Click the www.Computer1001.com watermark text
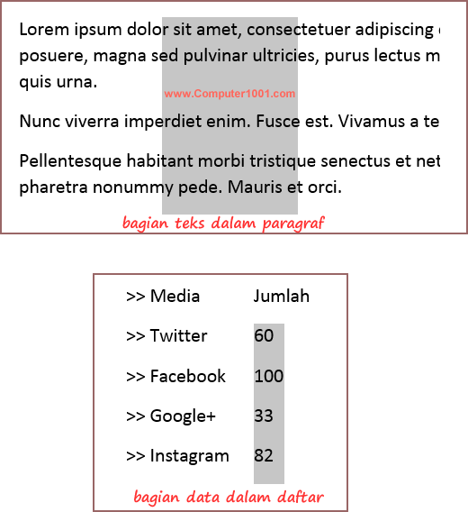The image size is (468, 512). (229, 93)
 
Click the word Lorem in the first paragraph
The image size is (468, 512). (42, 30)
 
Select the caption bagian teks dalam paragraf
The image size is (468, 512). (223, 223)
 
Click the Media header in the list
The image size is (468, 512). (175, 296)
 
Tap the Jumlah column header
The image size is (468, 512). (282, 296)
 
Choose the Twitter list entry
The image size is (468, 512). (178, 336)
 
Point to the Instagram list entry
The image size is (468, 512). (189, 456)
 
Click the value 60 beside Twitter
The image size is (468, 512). (264, 336)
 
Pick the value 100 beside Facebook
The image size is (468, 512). (269, 376)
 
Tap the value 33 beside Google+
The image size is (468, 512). (264, 416)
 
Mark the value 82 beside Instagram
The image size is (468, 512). (264, 456)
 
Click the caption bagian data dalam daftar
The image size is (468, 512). (229, 497)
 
